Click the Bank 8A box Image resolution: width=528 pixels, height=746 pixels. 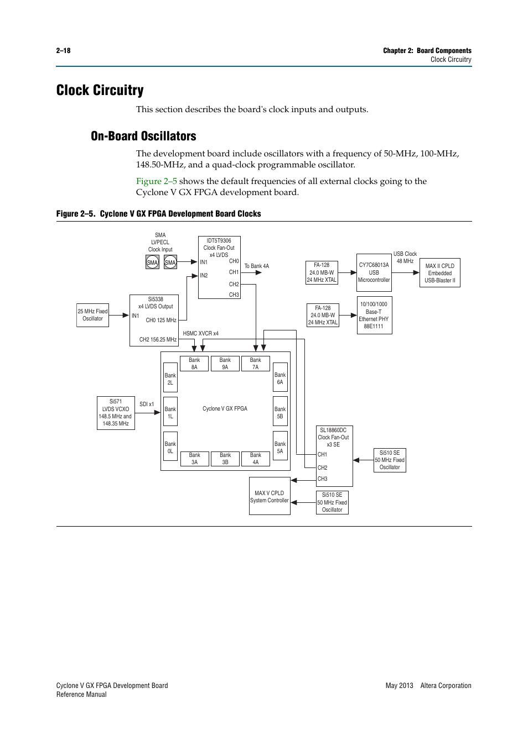tap(194, 364)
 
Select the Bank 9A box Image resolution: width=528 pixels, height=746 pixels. tap(225, 364)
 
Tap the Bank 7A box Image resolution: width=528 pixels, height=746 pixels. tap(255, 364)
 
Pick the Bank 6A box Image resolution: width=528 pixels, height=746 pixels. tap(280, 378)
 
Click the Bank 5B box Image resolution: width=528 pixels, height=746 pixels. tap(280, 412)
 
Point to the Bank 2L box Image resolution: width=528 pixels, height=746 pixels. tap(170, 379)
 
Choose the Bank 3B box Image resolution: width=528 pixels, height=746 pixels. tap(225, 459)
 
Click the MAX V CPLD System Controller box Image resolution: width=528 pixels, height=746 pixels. tap(270, 496)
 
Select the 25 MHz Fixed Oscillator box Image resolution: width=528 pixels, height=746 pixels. tap(92, 315)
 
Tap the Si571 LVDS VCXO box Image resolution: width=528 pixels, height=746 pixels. tap(116, 413)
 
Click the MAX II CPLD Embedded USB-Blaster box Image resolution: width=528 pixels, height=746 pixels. tap(439, 273)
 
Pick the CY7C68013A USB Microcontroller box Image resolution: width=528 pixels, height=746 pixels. tap(374, 272)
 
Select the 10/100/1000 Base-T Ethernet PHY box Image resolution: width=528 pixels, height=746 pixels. tap(374, 315)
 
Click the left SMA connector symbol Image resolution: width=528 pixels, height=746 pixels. tap(152, 262)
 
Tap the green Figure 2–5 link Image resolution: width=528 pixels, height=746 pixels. tap(157, 181)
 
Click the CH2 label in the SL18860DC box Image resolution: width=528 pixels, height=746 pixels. tap(322, 467)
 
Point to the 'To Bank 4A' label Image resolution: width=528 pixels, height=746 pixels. tap(257, 266)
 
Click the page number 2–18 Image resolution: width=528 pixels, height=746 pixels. tap(63, 51)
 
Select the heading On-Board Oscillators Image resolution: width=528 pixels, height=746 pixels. tap(143, 136)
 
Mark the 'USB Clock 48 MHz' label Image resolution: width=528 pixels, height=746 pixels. tap(405, 258)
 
